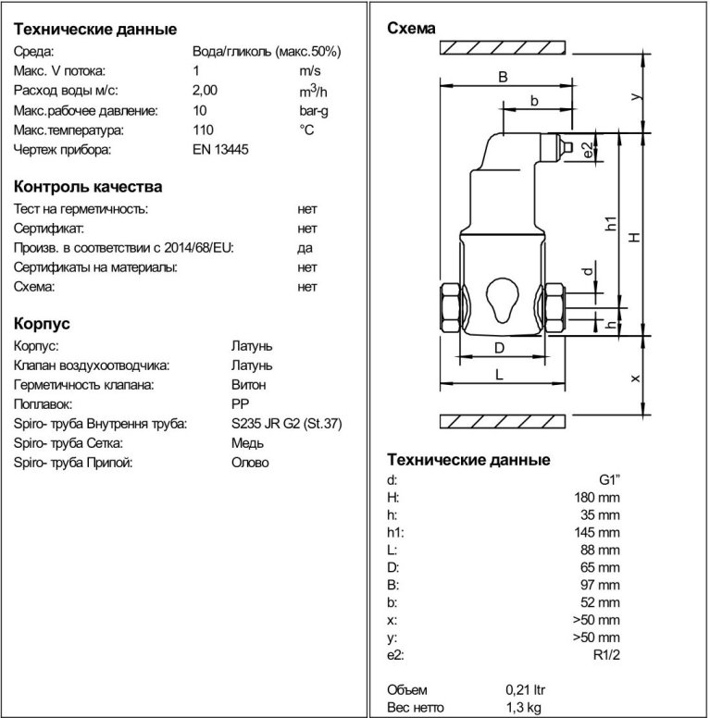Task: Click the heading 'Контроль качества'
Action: coord(88,187)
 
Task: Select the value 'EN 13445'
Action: coord(220,149)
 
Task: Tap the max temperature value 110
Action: coord(202,130)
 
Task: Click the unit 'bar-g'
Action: coord(314,110)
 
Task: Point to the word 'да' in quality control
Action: coord(305,248)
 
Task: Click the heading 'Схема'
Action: coord(410,29)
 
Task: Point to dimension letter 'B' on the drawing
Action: coord(503,78)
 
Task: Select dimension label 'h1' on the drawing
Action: coord(609,224)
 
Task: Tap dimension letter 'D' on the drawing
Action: coord(498,348)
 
